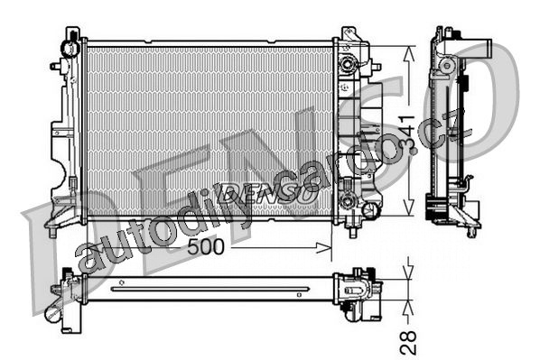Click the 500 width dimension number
pyautogui.click(x=206, y=247)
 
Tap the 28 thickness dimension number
pyautogui.click(x=408, y=343)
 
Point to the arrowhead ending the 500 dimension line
pyautogui.click(x=324, y=247)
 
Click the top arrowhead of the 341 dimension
pyautogui.click(x=408, y=53)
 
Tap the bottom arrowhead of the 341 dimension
pyautogui.click(x=408, y=208)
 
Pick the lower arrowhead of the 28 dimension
pyautogui.click(x=408, y=308)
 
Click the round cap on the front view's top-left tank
pyautogui.click(x=70, y=49)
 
